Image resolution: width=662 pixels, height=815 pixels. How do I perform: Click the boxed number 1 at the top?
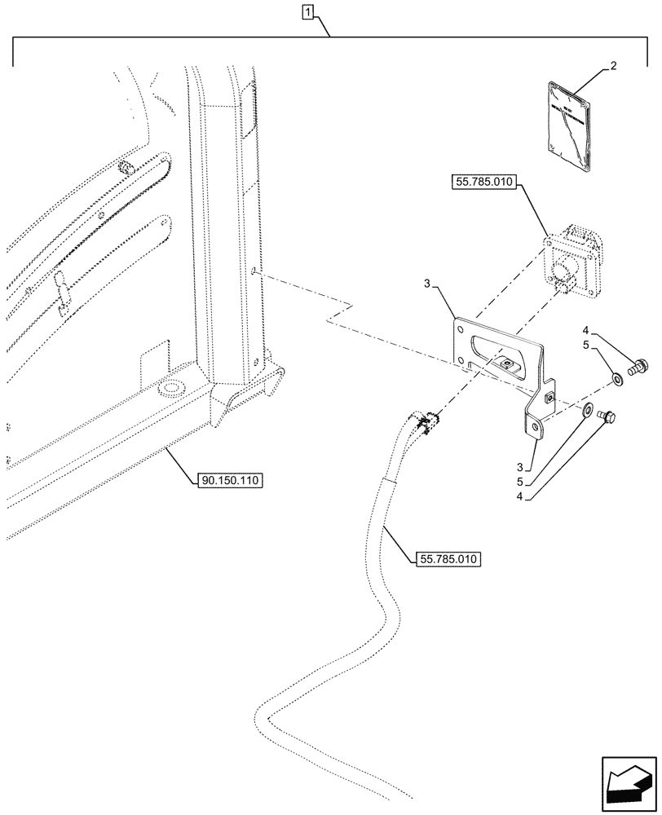307,11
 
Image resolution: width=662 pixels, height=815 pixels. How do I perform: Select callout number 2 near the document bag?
614,68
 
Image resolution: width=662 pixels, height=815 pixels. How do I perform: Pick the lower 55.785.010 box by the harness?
448,559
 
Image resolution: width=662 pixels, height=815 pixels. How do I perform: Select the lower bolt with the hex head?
607,418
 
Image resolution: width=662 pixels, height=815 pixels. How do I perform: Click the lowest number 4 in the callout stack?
519,495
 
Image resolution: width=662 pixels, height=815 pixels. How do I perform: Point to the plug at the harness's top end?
427,421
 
